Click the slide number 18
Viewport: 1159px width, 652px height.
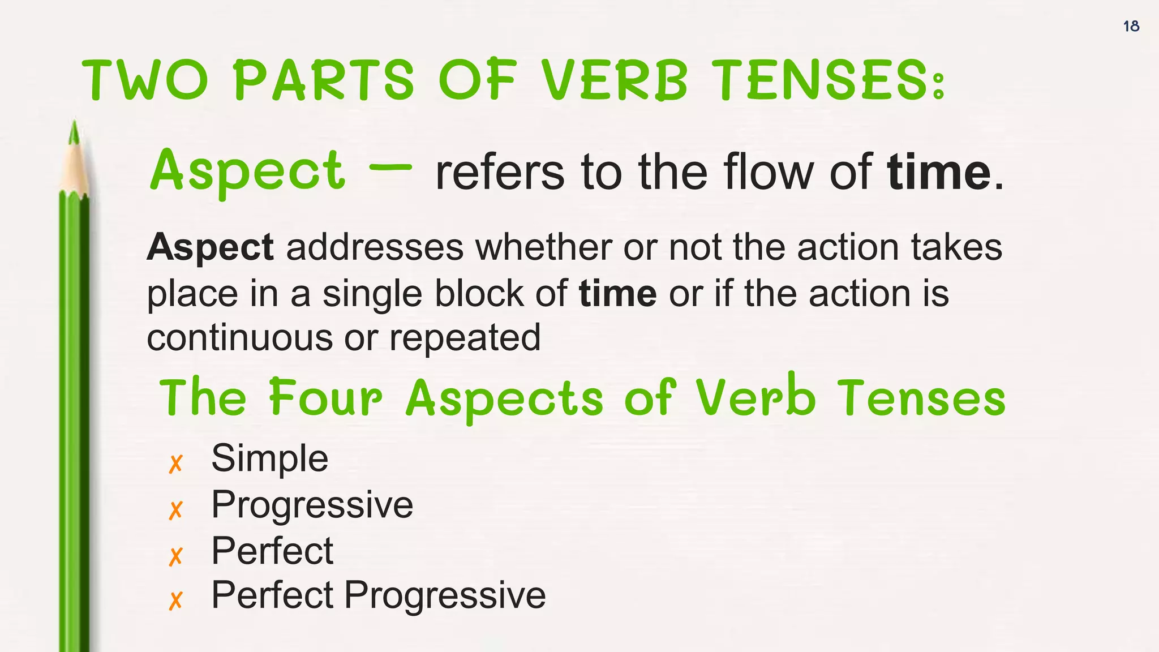pos(1131,26)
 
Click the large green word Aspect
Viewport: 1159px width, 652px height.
pos(247,170)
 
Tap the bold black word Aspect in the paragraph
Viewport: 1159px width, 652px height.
pos(210,247)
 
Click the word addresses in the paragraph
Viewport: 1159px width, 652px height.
pos(375,247)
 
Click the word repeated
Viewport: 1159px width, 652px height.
pos(465,338)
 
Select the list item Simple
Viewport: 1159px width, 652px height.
pos(269,458)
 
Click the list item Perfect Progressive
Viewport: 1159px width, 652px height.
pos(378,595)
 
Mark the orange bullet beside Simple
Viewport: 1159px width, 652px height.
pos(176,464)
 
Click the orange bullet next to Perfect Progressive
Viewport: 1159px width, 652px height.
pos(176,600)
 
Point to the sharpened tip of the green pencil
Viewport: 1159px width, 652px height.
pos(74,130)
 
